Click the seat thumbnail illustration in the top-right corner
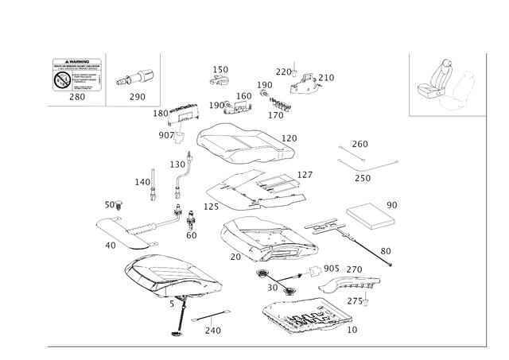(445, 83)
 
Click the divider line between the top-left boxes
(106, 78)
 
